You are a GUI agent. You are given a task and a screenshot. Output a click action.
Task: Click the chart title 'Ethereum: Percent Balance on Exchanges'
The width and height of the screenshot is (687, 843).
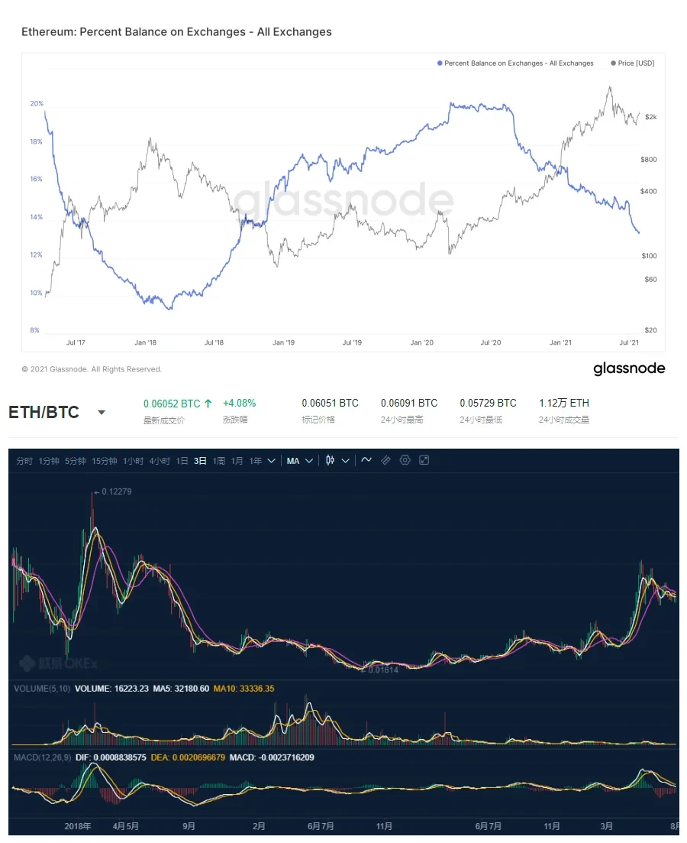176,32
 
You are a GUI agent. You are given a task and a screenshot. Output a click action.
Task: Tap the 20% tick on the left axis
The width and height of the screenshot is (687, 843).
37,104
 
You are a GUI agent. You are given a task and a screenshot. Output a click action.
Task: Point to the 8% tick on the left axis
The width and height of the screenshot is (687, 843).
35,330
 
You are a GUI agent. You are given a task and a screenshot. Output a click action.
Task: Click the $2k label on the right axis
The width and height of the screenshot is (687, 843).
650,117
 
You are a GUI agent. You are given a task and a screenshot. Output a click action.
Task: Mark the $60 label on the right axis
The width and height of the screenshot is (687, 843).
650,280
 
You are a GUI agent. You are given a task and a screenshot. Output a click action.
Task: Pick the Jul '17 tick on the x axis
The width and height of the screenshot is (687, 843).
76,343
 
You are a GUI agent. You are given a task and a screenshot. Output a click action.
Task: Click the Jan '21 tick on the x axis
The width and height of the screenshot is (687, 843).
560,343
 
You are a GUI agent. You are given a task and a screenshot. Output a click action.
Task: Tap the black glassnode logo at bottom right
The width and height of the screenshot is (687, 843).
629,369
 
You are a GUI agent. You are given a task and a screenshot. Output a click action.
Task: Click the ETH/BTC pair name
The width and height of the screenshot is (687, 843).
44,413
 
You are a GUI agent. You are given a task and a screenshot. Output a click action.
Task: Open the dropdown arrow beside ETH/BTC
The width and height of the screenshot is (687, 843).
101,413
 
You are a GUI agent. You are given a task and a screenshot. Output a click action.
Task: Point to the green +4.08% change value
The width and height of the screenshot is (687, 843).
239,403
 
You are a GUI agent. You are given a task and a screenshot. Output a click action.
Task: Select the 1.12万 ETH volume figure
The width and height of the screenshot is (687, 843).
563,403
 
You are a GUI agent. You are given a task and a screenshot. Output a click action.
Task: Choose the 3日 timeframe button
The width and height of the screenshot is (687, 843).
200,461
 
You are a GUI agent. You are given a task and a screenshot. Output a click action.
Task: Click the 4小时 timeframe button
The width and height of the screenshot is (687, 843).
160,461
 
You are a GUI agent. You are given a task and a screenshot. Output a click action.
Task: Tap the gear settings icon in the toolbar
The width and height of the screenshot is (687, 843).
405,460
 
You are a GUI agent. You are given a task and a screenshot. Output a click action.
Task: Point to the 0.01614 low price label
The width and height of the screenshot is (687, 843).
384,670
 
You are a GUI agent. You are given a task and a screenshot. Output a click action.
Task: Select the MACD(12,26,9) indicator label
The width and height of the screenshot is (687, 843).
44,757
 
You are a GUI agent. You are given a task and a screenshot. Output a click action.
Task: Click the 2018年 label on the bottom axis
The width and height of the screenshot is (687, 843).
78,826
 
